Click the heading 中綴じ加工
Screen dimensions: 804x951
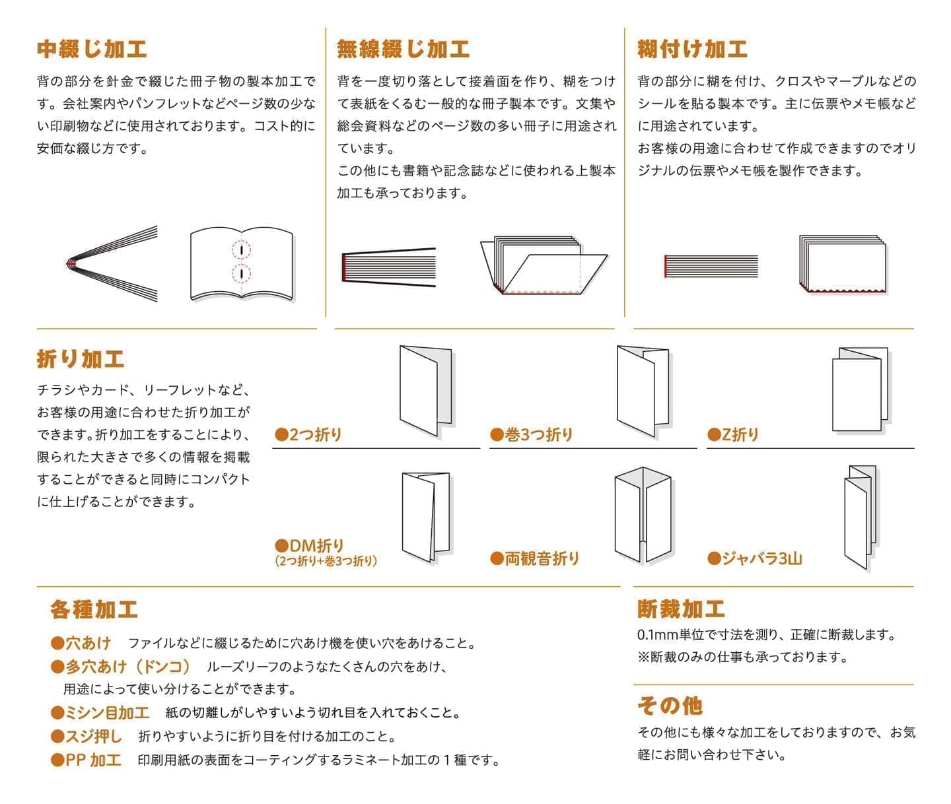pos(92,50)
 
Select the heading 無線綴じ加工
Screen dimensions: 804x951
pos(403,50)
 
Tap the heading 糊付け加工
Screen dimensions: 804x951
pos(692,50)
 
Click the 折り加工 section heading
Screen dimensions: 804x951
pos(81,359)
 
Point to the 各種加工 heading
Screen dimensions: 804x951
pos(94,609)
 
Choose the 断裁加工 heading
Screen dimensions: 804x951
pos(681,609)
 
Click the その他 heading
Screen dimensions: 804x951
pos(669,706)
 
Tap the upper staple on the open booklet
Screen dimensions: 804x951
pos(242,250)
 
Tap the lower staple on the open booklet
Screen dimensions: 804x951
pos(242,273)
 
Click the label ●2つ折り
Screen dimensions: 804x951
pos(308,434)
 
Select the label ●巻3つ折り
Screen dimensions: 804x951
pos(532,434)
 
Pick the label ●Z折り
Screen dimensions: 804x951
pos(733,434)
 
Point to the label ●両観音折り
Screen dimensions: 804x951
pos(535,558)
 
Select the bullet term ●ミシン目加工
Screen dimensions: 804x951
pos(100,713)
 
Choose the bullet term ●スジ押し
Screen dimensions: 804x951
pos(87,736)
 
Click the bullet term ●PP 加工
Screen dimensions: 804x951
pos(87,760)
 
